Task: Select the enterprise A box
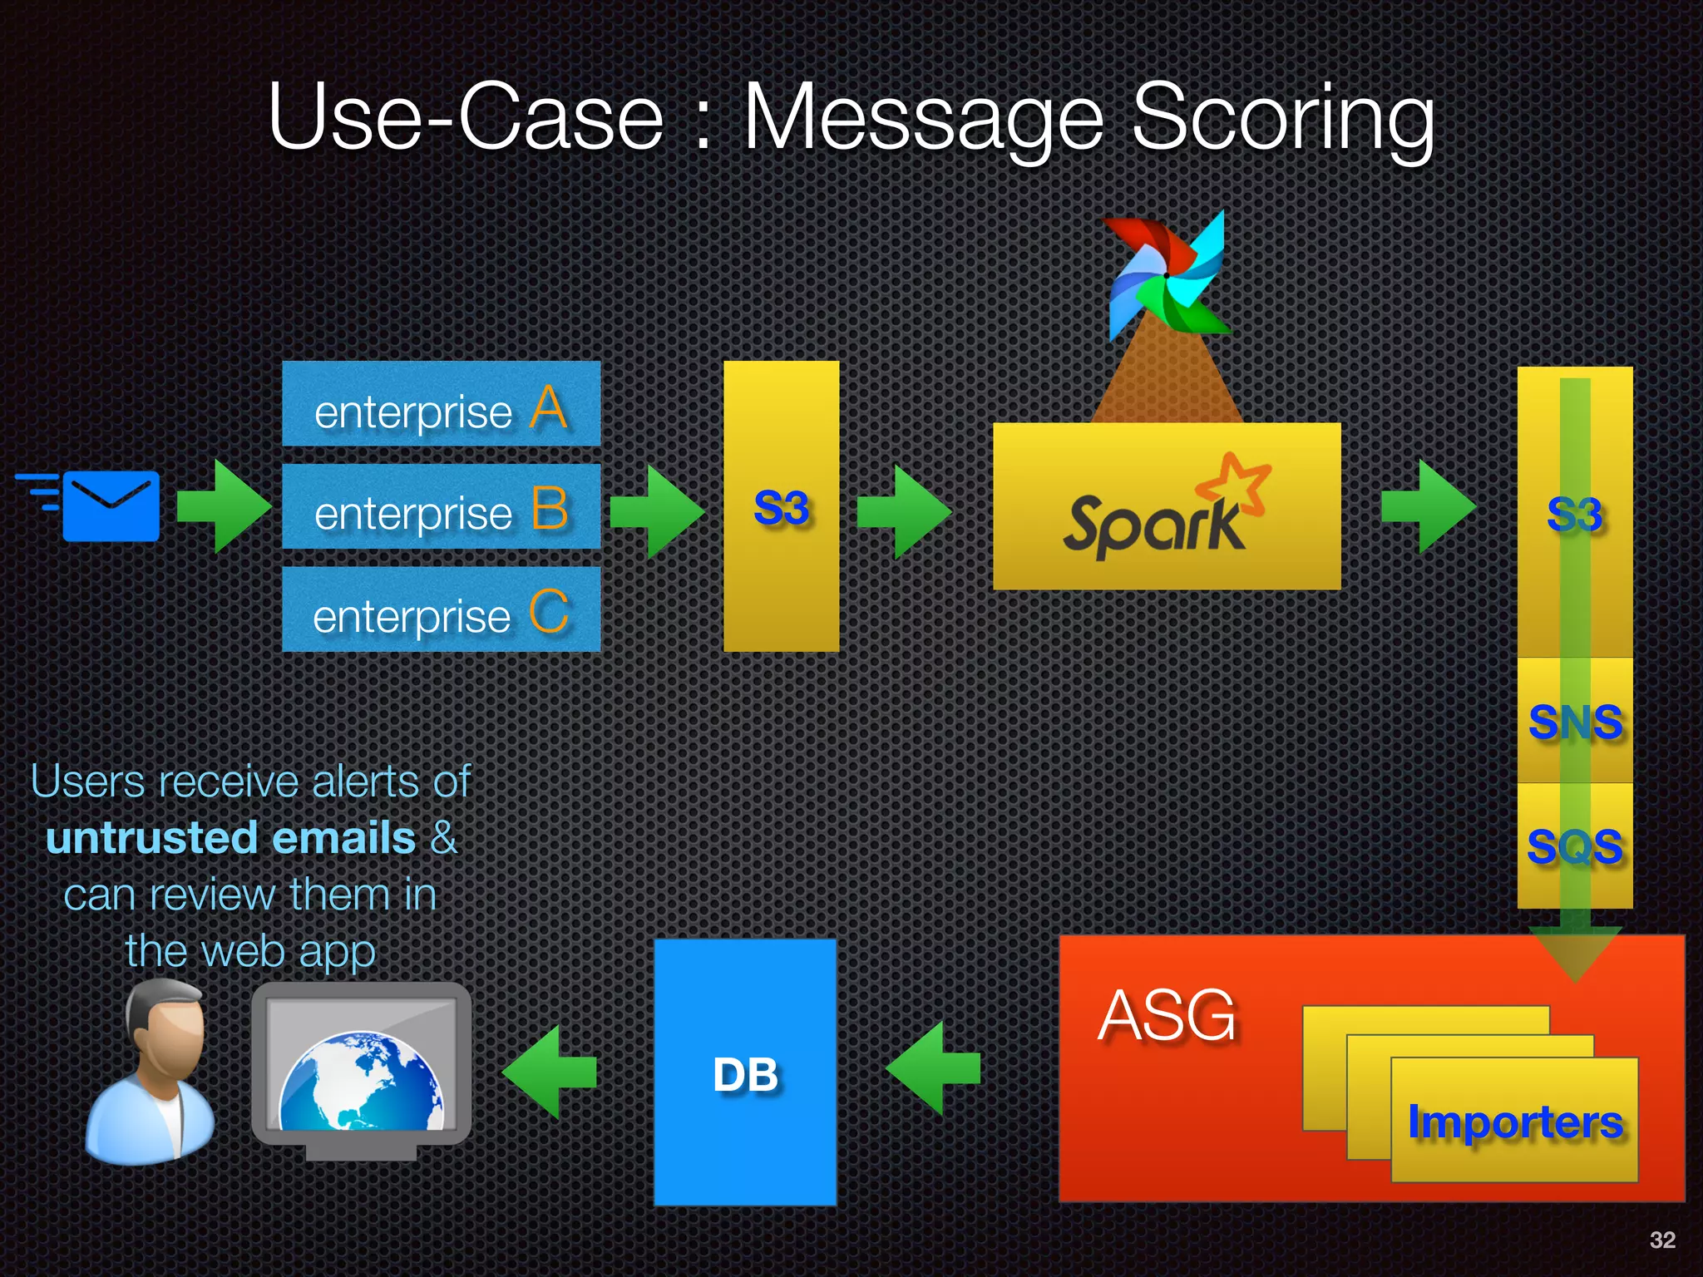(x=441, y=405)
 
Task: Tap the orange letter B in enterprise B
(x=549, y=509)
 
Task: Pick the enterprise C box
(x=441, y=609)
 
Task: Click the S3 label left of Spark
(x=781, y=508)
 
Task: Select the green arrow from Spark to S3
(x=1429, y=506)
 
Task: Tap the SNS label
(x=1575, y=722)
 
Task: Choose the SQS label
(x=1575, y=846)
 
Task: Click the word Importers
(x=1514, y=1122)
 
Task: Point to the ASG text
(x=1167, y=1016)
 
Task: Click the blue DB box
(x=745, y=1072)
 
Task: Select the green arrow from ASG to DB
(x=933, y=1069)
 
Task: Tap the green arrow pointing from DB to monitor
(x=550, y=1071)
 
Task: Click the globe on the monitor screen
(x=361, y=1083)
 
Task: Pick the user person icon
(x=151, y=1072)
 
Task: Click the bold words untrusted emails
(x=230, y=838)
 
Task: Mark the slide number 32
(x=1661, y=1240)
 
